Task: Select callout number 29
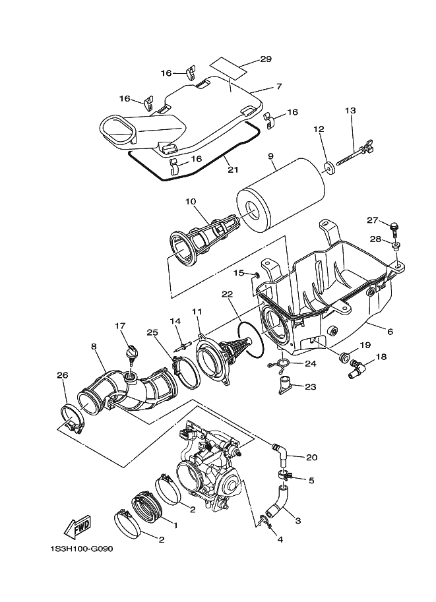point(265,59)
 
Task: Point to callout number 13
point(350,110)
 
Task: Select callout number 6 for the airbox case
point(390,332)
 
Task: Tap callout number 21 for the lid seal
point(232,169)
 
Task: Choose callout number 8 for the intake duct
point(94,346)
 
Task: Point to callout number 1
point(175,525)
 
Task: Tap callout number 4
point(280,539)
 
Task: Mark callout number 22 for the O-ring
point(226,295)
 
